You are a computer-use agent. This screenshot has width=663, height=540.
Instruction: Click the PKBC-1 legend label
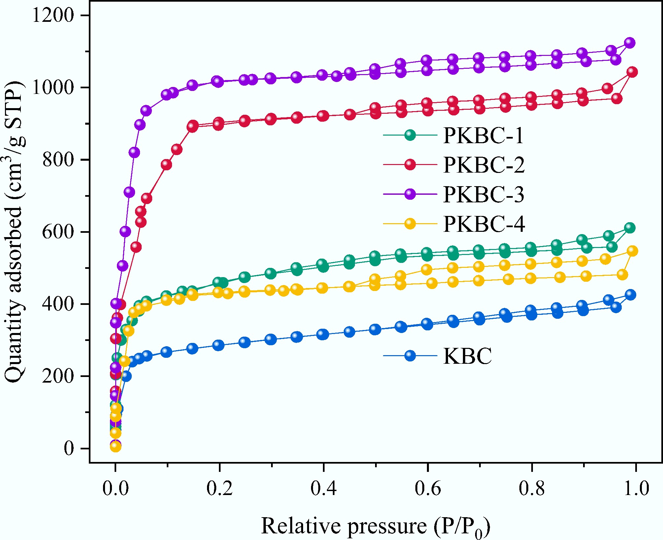tap(483, 135)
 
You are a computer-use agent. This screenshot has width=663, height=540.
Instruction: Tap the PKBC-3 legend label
tap(483, 194)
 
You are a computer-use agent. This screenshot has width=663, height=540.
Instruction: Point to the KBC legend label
tap(467, 356)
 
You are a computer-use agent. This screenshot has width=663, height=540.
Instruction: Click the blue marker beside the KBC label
tap(410, 356)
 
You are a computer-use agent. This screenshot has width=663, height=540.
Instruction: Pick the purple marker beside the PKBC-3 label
tap(410, 194)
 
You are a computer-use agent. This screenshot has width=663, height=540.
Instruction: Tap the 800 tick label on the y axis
tap(58, 160)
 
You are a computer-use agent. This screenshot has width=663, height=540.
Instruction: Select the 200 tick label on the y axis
tap(58, 376)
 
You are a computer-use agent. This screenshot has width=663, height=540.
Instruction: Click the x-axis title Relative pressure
tap(375, 526)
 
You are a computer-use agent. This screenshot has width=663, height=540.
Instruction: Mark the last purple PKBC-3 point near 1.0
tap(630, 43)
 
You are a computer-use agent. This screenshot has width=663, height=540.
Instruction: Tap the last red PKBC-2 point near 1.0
tap(632, 72)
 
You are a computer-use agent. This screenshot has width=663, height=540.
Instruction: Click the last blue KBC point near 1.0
tap(630, 295)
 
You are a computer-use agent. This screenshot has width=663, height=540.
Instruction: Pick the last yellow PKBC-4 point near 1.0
tap(632, 251)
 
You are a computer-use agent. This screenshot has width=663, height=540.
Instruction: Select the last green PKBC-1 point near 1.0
tap(630, 228)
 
